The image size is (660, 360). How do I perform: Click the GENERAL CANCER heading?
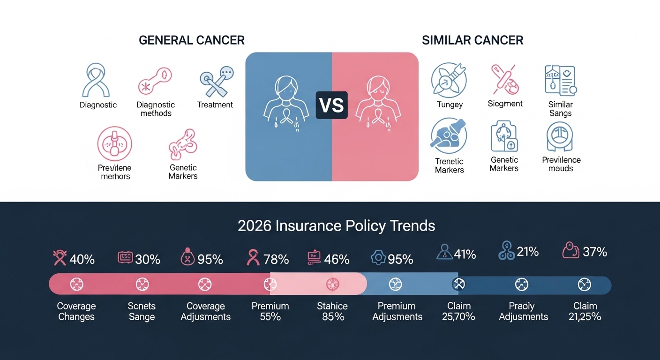[191, 40]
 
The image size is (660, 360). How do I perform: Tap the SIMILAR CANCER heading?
[472, 40]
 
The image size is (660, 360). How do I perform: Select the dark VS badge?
[331, 105]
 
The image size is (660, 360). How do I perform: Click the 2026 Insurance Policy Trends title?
[336, 226]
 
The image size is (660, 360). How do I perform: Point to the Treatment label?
[215, 105]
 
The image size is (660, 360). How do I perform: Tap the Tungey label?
[450, 105]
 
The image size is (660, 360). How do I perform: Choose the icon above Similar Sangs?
[560, 81]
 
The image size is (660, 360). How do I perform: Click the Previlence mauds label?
[561, 164]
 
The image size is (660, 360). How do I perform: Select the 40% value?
[82, 259]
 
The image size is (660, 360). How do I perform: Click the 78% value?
[276, 259]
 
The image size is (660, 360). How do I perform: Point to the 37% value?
[595, 252]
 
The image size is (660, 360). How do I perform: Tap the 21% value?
[527, 252]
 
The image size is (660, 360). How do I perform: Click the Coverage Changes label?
[76, 311]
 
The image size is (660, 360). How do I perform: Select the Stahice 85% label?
[333, 311]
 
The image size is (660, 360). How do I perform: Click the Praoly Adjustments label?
[523, 311]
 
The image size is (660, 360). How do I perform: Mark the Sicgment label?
[505, 104]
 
